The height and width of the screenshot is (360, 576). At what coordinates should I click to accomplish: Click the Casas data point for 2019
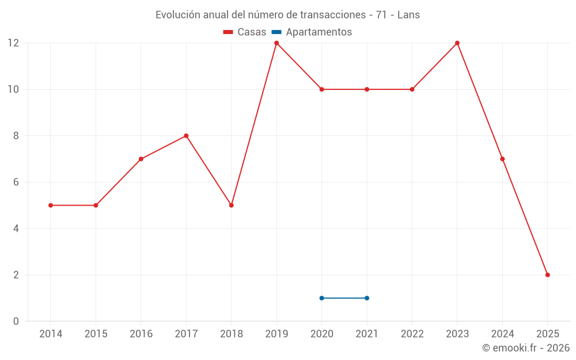click(276, 43)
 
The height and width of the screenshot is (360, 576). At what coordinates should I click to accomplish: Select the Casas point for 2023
click(457, 43)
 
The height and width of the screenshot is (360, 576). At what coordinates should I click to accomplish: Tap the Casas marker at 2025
click(548, 275)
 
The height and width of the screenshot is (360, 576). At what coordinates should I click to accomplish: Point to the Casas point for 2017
click(186, 136)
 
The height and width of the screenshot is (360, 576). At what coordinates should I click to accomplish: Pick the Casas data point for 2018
click(232, 205)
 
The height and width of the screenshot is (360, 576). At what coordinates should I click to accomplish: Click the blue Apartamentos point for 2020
click(321, 298)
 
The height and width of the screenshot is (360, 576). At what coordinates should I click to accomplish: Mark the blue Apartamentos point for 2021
click(367, 298)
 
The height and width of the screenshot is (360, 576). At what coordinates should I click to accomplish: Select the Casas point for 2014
click(51, 205)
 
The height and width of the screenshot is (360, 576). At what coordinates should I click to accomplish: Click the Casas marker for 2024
click(502, 159)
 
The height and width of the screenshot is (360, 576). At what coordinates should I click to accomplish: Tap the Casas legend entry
click(245, 32)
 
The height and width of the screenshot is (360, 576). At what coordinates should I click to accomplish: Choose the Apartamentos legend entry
click(312, 32)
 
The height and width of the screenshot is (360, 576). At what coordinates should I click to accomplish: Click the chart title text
click(287, 15)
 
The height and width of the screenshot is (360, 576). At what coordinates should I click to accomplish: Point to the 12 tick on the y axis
click(13, 43)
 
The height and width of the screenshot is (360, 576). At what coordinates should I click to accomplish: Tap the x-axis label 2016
click(141, 334)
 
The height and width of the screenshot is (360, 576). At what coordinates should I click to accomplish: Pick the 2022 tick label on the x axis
click(412, 334)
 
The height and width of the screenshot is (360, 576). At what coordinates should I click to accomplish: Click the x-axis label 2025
click(548, 334)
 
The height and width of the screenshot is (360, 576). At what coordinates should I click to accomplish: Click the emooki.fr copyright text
click(526, 348)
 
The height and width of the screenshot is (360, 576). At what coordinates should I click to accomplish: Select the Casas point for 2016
click(141, 159)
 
